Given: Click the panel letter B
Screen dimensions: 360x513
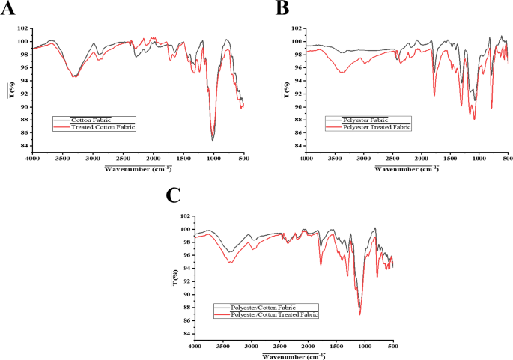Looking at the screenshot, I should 282,8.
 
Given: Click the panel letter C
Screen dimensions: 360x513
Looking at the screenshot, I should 173,195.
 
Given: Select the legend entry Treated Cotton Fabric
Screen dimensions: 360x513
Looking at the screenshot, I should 104,128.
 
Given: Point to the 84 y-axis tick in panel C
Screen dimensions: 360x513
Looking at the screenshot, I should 185,334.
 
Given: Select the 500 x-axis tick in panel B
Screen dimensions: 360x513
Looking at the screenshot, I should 507,158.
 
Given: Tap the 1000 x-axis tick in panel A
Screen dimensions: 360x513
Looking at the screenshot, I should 213,158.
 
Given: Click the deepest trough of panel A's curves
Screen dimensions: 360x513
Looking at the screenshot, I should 213,141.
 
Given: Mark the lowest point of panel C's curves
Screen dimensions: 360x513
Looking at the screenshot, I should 360,314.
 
